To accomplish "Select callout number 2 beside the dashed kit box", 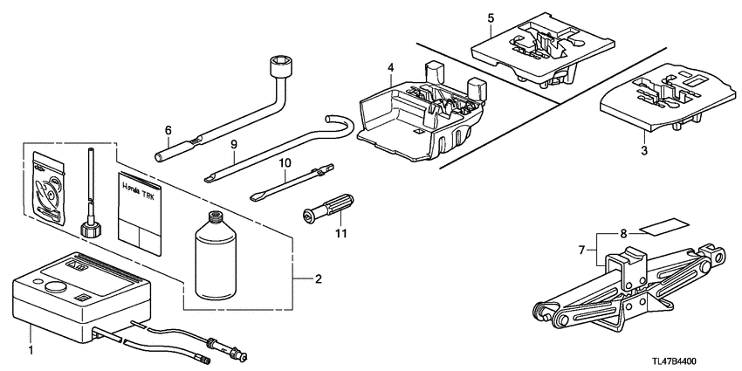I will click(319, 279).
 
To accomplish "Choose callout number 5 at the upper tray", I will click(491, 17).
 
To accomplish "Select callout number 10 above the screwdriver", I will click(284, 163).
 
